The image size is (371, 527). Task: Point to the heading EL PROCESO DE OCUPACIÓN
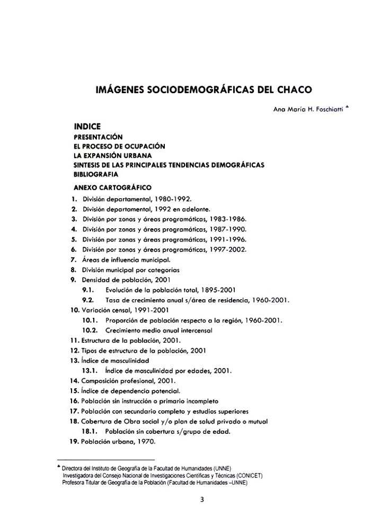coord(120,146)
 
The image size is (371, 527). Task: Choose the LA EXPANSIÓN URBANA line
coord(112,156)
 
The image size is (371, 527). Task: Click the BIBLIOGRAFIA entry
coord(96,174)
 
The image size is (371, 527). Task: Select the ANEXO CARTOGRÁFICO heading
coord(112,187)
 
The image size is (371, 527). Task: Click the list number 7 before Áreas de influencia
coord(73,260)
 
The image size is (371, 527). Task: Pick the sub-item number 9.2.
coord(88,300)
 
